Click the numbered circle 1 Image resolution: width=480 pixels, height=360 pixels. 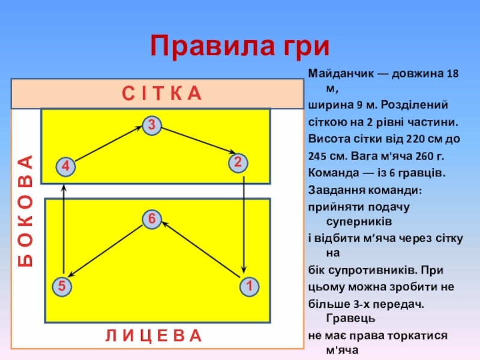pos(247,287)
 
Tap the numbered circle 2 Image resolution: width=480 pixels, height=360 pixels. pos(238,163)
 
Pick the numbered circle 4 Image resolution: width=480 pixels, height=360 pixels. pos(65,166)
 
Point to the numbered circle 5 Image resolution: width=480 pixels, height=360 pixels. pos(61,287)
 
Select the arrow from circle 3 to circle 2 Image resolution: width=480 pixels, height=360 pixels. pos(196,142)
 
